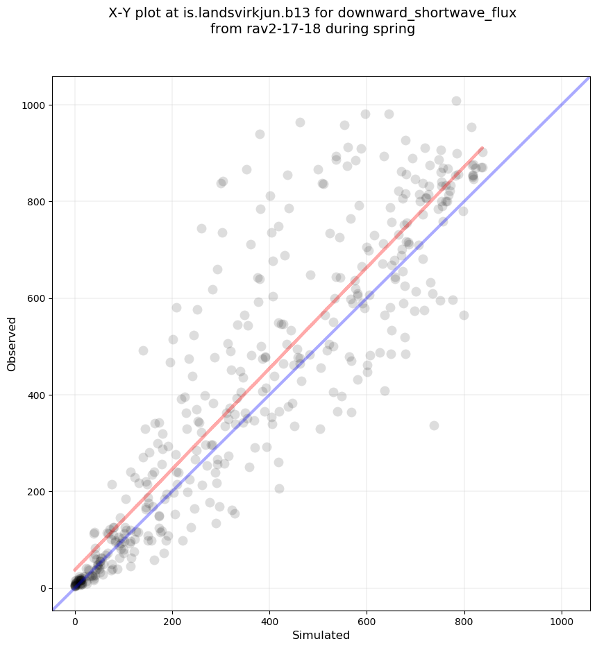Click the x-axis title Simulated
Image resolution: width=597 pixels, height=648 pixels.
coord(321,635)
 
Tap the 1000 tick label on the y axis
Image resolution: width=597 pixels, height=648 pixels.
coord(33,105)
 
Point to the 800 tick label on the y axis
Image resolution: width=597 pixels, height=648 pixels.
coord(35,202)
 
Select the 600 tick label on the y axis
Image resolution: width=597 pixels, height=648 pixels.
coord(35,298)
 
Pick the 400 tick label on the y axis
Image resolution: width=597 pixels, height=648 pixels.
coord(35,395)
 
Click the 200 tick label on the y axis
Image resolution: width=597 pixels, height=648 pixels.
coord(35,491)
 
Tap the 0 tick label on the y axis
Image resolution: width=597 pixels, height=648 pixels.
coord(42,588)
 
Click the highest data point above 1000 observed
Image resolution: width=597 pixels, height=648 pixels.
coord(456,101)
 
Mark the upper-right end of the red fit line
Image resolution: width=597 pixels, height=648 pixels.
coord(482,148)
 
